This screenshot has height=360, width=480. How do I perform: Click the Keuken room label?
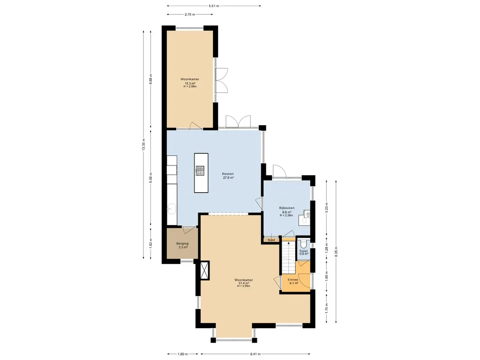pyautogui.click(x=228, y=174)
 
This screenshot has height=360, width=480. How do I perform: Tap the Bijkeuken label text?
pyautogui.click(x=287, y=208)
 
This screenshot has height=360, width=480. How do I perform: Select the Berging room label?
pyautogui.click(x=182, y=244)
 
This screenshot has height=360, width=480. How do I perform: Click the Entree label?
pyautogui.click(x=293, y=280)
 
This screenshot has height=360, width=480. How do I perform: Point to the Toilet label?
pyautogui.click(x=303, y=251)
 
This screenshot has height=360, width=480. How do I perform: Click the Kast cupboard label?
pyautogui.click(x=271, y=240)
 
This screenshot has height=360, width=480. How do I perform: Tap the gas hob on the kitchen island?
pyautogui.click(x=200, y=171)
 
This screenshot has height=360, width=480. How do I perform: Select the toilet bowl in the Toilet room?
pyautogui.click(x=303, y=243)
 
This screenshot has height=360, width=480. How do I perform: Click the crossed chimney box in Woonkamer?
pyautogui.click(x=204, y=270)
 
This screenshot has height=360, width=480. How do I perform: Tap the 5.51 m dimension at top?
pyautogui.click(x=214, y=6)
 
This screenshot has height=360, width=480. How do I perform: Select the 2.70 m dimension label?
pyautogui.click(x=190, y=14)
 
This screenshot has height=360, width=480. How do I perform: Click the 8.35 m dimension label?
pyautogui.click(x=336, y=252)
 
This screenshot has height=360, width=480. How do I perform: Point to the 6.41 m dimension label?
pyautogui.click(x=255, y=354)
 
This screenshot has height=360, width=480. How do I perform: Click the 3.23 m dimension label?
pyautogui.click(x=327, y=208)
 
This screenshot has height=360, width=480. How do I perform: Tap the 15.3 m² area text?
pyautogui.click(x=190, y=83)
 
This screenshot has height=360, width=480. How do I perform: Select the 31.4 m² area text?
pyautogui.click(x=244, y=283)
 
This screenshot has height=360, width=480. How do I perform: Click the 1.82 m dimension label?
pyautogui.click(x=150, y=244)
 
